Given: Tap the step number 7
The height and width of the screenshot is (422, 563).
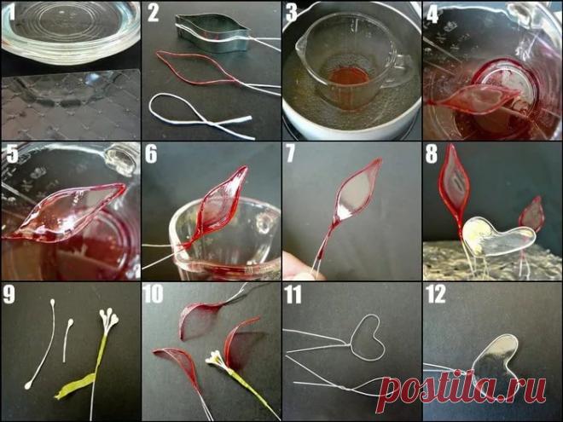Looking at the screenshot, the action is pos(291,153).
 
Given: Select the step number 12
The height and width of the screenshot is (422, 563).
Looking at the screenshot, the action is pos(436,294).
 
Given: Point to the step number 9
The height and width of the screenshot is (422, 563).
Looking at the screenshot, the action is pos(9,294).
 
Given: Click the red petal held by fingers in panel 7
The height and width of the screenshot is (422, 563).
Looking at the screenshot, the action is pos(356,194).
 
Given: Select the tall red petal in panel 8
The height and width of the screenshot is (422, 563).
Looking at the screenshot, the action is pos(453,179).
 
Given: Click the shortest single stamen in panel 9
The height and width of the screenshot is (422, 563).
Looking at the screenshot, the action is pos(67,339).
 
